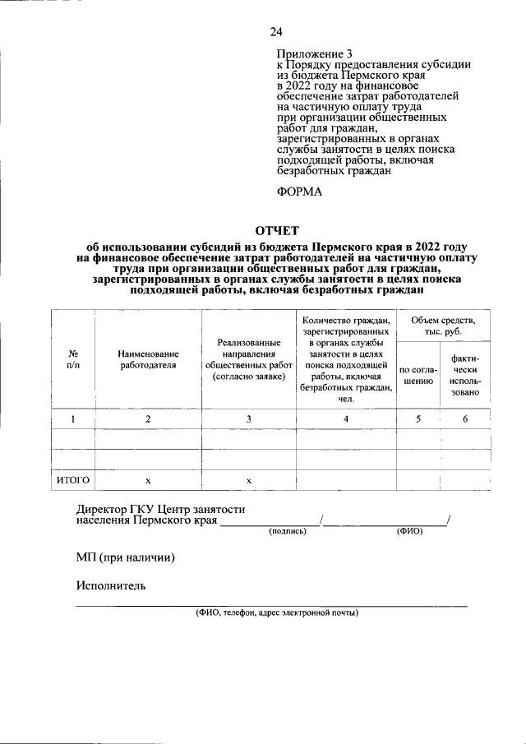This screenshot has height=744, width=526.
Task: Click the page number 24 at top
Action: coord(275,32)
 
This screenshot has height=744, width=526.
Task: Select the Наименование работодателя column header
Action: coord(148,358)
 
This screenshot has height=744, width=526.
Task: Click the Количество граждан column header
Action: coord(345,358)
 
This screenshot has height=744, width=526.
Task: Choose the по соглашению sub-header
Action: coord(418,376)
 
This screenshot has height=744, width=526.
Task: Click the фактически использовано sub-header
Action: coord(465,376)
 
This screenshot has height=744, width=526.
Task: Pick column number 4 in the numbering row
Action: coord(345,419)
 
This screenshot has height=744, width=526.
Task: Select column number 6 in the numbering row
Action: coord(465,419)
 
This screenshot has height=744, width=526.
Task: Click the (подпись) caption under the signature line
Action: coord(288,532)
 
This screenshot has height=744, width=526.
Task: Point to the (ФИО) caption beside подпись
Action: coord(409,532)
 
